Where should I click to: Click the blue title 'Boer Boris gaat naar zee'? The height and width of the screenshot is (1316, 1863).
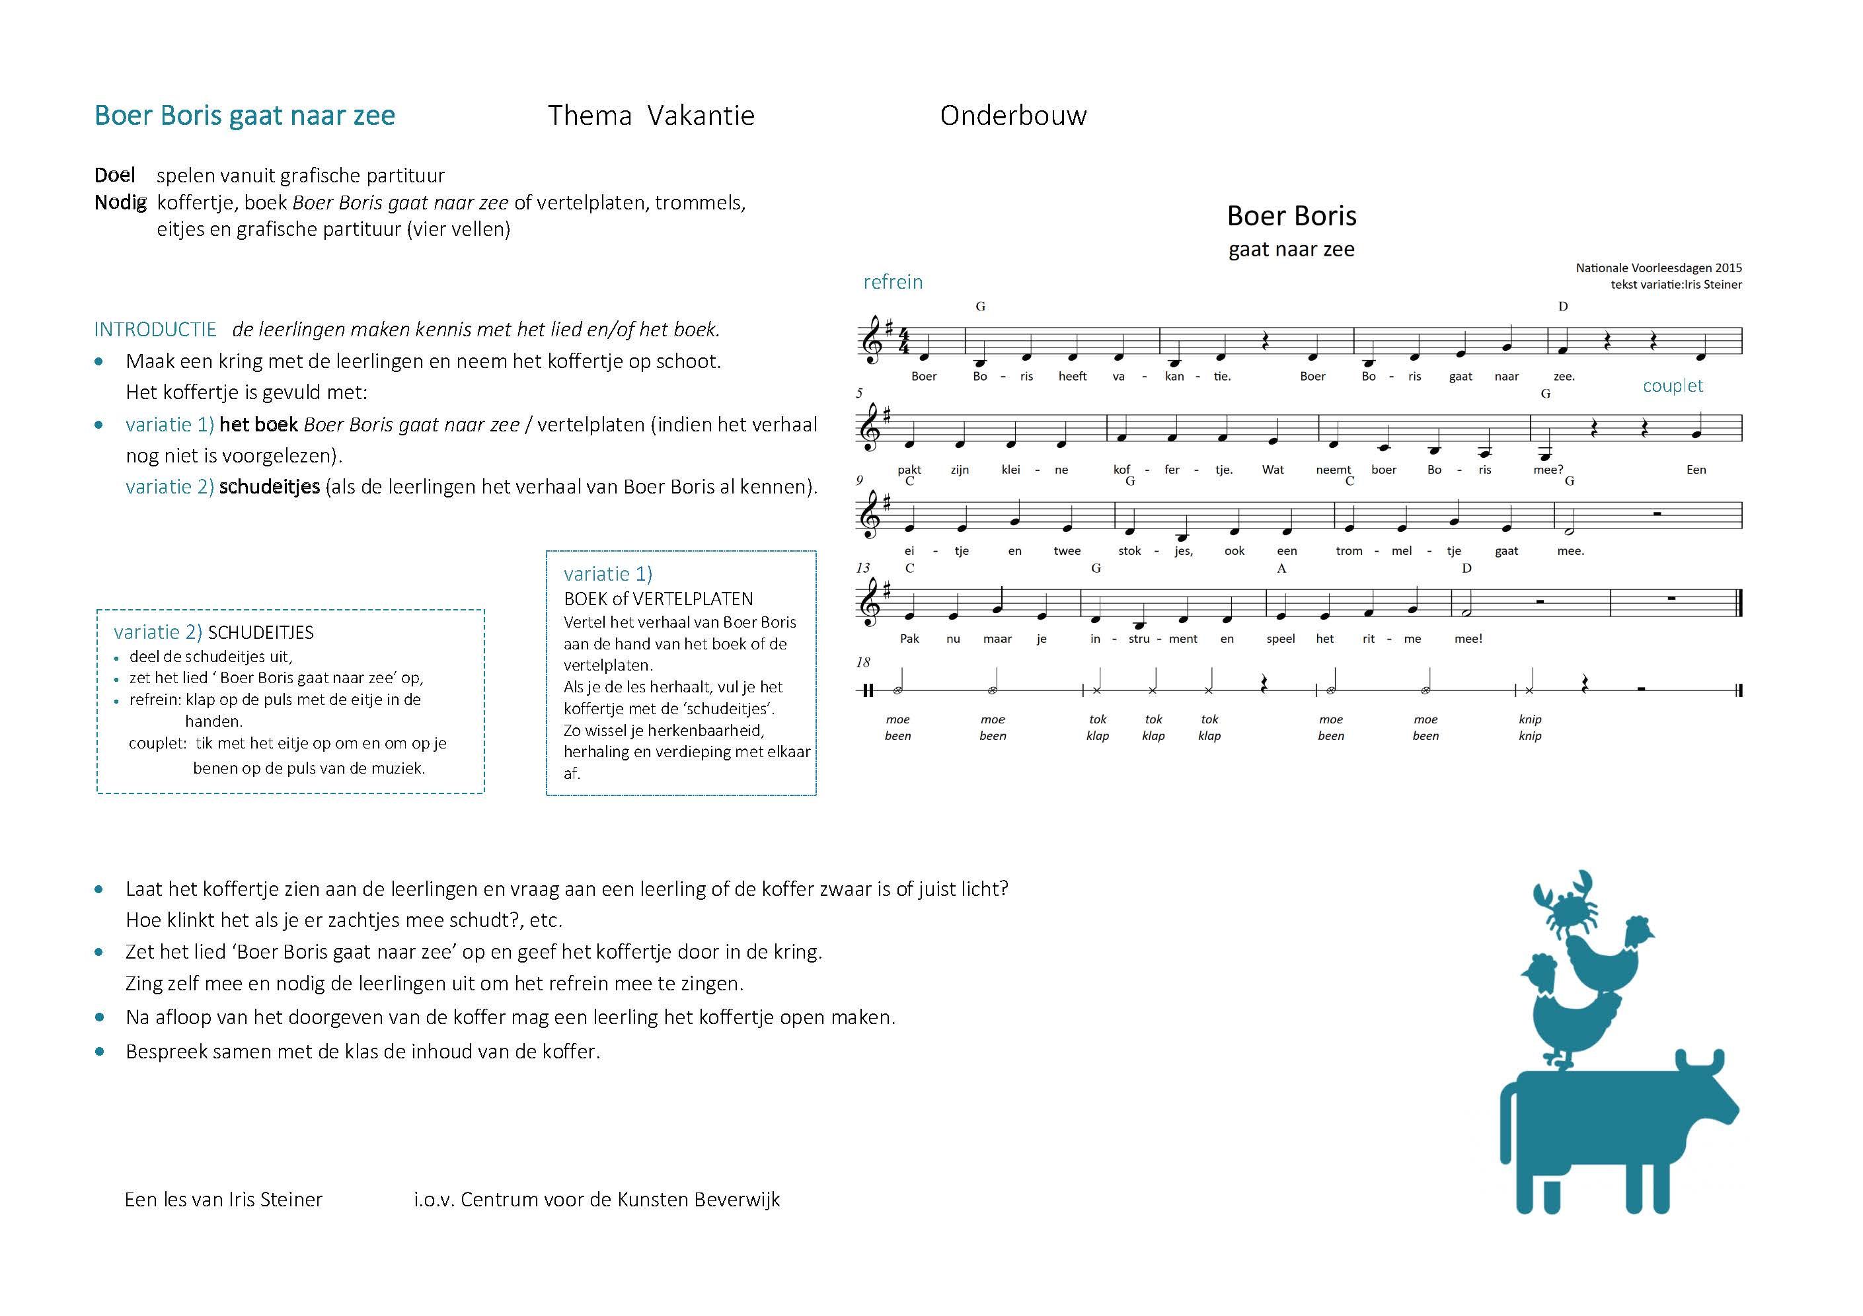tap(245, 115)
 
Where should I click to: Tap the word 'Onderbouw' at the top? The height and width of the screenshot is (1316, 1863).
tap(1012, 115)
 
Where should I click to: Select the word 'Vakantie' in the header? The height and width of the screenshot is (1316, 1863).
tap(702, 115)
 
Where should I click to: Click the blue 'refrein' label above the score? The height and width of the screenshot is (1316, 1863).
tap(893, 281)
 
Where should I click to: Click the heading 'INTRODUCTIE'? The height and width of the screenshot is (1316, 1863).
tap(155, 330)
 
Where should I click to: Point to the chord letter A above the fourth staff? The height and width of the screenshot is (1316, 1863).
tap(1282, 568)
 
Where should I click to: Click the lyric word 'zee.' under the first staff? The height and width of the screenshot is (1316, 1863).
tap(1564, 377)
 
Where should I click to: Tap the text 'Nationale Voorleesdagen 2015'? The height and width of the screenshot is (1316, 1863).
tap(1659, 268)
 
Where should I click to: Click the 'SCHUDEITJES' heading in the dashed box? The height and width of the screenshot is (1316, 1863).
tap(260, 633)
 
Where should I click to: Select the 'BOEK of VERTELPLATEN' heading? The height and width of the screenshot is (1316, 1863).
tap(658, 599)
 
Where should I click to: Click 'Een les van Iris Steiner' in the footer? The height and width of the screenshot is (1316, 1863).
tap(223, 1199)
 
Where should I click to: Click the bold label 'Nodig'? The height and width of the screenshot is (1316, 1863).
tap(120, 202)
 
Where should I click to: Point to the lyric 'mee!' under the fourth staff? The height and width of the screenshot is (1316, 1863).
tap(1468, 639)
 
